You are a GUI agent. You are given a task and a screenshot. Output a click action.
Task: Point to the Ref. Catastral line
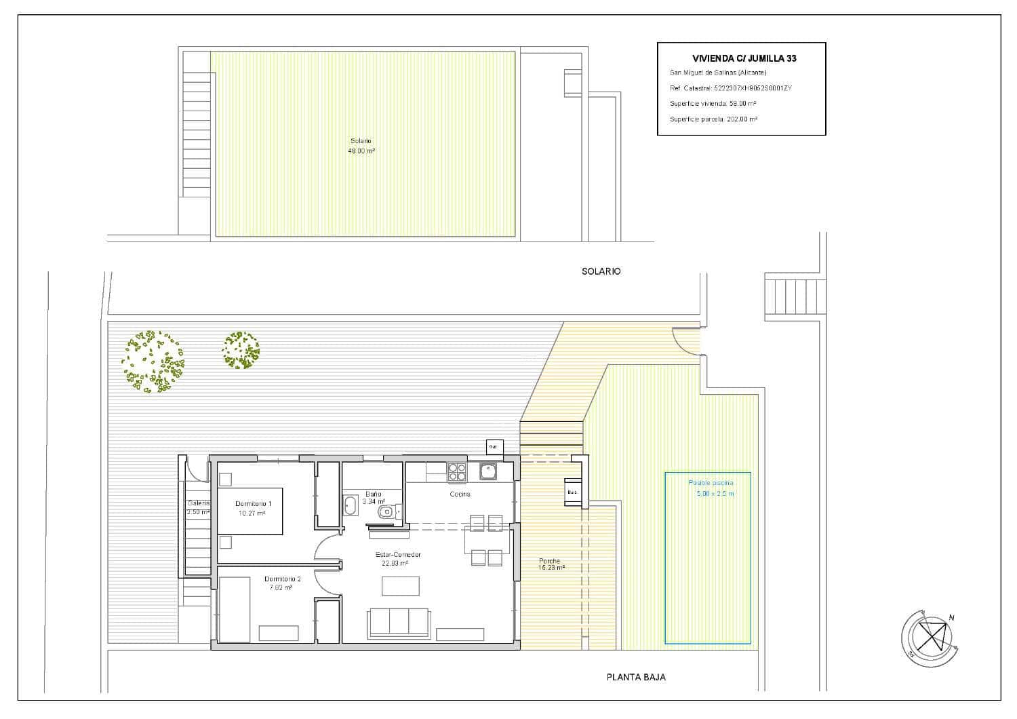tap(730, 88)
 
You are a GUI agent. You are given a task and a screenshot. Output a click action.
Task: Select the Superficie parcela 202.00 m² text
tap(713, 119)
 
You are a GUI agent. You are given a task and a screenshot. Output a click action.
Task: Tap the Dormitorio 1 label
tap(253, 504)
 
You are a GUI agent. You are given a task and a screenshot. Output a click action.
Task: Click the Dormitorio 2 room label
tap(282, 579)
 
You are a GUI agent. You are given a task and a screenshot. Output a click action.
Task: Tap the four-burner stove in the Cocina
tap(456, 471)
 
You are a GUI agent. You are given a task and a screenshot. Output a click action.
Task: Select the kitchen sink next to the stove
tap(487, 471)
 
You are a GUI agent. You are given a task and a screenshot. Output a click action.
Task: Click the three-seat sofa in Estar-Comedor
tap(399, 621)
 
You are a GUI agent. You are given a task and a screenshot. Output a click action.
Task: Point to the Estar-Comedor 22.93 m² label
tap(398, 558)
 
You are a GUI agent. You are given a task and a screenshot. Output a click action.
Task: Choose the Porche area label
tap(549, 564)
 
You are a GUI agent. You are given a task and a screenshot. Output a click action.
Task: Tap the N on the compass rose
tap(951, 617)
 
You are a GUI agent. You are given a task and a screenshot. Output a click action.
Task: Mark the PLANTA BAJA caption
tap(635, 677)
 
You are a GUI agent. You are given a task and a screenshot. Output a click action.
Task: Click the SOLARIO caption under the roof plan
tap(601, 271)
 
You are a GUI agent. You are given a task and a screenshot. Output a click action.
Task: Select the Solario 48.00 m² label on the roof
tap(361, 146)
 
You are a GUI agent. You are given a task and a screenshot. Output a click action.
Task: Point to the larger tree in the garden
tap(153, 362)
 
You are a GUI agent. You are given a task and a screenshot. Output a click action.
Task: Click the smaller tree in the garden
tap(241, 350)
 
